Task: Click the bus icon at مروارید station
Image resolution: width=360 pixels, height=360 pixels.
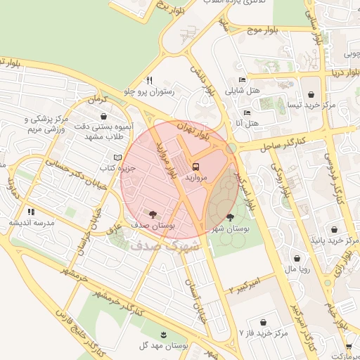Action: coord(195,168)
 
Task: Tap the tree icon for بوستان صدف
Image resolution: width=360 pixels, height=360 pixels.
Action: coord(152,213)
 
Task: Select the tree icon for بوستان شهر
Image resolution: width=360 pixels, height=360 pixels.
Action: coord(231,217)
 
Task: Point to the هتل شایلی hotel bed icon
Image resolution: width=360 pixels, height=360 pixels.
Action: coord(242,79)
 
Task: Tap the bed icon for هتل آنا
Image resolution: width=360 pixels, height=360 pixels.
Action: coord(246,112)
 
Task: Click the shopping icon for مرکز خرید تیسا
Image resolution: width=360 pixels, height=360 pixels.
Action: coord(311,94)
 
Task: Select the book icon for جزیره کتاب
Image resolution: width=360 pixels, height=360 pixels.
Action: coord(117,157)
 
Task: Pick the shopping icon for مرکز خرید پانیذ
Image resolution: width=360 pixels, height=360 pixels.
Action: coord(334,229)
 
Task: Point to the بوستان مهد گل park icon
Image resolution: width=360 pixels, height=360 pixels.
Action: coord(164,334)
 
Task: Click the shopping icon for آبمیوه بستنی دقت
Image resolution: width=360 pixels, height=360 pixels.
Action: coord(104,117)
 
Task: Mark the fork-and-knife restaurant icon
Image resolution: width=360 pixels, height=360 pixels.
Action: coord(148,80)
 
